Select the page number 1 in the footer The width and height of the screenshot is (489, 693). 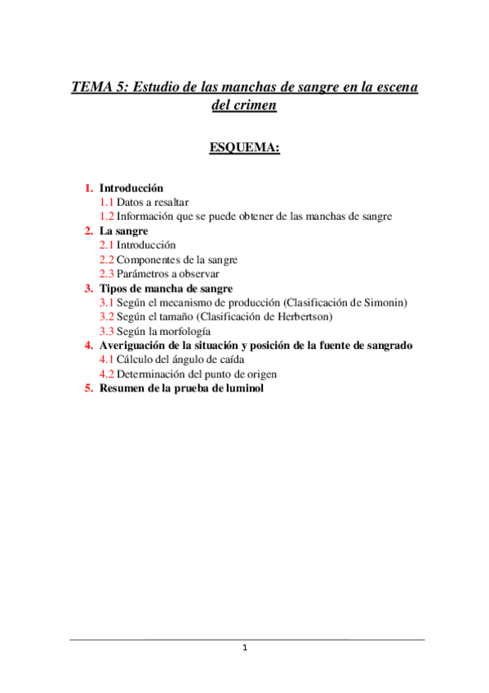[x=245, y=648]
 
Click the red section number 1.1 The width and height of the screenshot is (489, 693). [x=106, y=202]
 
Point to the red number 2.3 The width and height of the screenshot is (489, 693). [x=106, y=274]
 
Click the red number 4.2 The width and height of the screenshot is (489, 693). [x=106, y=374]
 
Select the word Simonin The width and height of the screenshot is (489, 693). [x=384, y=302]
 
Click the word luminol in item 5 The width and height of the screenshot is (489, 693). [x=244, y=388]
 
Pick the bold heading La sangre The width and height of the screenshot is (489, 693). [x=123, y=230]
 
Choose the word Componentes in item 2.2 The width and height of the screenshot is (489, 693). [x=149, y=259]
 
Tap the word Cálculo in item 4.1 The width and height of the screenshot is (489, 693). [x=134, y=360]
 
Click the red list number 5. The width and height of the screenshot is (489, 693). [x=90, y=388]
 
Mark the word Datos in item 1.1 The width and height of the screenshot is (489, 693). [x=131, y=202]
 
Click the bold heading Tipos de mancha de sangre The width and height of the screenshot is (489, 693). [x=166, y=288]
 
